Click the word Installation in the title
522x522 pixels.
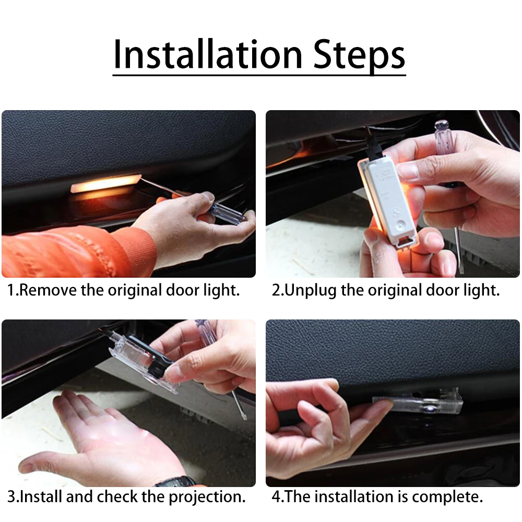tap(208, 54)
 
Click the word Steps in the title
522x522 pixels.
tap(360, 56)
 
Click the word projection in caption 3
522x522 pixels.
tap(206, 497)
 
